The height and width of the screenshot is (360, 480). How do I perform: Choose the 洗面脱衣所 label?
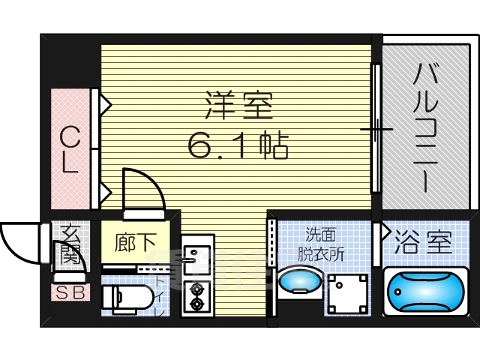[325, 244]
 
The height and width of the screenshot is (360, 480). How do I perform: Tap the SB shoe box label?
[70, 291]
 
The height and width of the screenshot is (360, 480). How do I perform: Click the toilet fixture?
[124, 298]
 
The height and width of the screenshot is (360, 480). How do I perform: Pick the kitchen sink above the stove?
[196, 255]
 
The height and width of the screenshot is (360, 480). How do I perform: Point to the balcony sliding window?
[377, 130]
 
